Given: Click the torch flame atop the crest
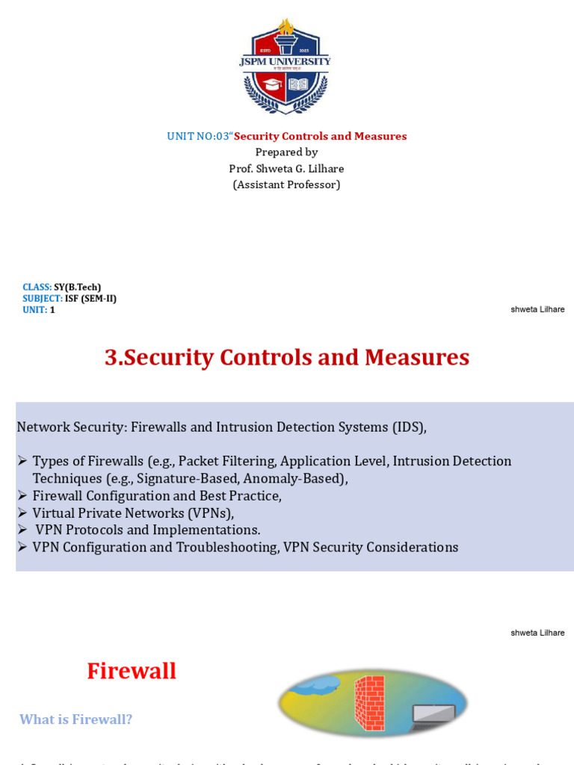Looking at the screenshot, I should click(x=285, y=28).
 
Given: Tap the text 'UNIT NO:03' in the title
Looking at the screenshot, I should click(x=197, y=136).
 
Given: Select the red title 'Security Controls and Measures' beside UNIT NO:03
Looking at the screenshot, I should click(x=320, y=136).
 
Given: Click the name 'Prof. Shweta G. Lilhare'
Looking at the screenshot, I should click(x=286, y=168).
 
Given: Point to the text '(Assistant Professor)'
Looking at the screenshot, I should click(x=286, y=185).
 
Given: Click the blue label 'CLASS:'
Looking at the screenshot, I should click(x=37, y=287).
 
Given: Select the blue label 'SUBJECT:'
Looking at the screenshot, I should click(x=42, y=298).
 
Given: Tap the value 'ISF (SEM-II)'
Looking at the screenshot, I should click(x=90, y=298).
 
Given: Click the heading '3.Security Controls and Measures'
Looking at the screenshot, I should click(x=286, y=357).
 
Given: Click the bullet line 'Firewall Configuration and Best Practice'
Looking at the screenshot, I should click(x=157, y=496).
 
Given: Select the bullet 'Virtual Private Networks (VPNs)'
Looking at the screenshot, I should click(x=133, y=513).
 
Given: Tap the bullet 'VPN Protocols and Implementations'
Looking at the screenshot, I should click(x=148, y=530).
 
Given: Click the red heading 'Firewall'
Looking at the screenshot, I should click(x=132, y=671).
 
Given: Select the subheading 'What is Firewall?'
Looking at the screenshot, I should click(x=75, y=719).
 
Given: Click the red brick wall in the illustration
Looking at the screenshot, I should click(x=369, y=702).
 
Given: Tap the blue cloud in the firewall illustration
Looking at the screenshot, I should click(x=314, y=682).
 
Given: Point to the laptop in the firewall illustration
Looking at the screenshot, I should click(x=433, y=716).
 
